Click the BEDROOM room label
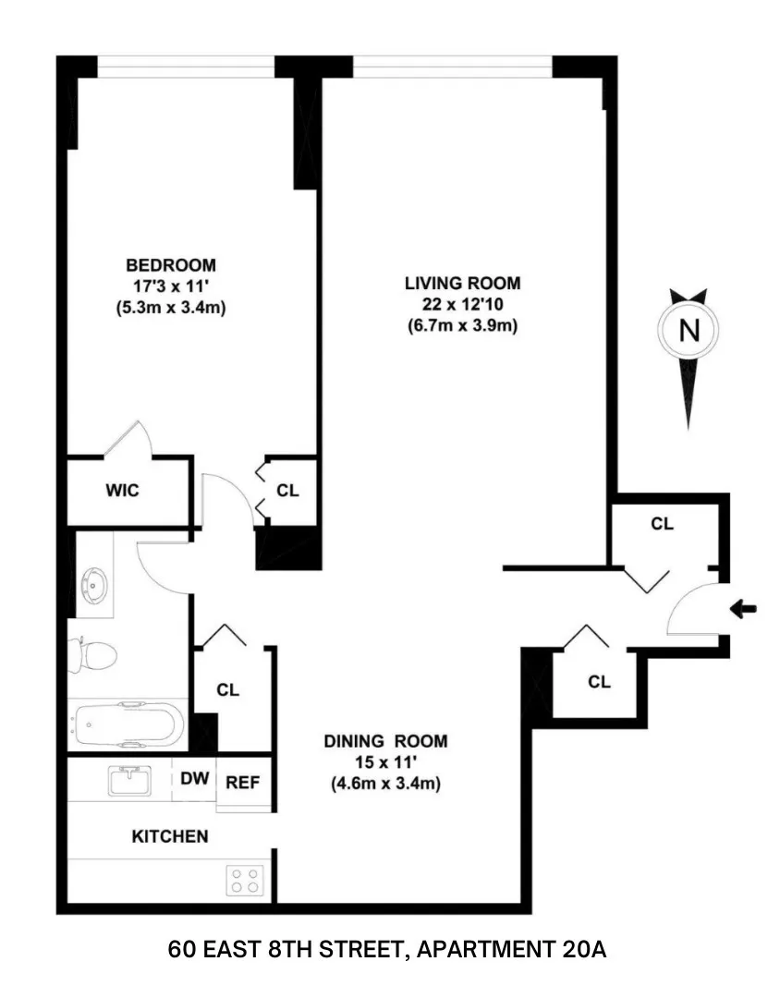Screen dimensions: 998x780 [170, 263]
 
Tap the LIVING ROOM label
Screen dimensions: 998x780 [462, 282]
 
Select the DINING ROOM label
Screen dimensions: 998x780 [385, 740]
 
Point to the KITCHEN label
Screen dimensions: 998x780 [170, 836]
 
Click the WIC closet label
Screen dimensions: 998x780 [122, 490]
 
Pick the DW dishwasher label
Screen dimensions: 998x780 [194, 779]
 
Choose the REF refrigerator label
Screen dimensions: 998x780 [243, 782]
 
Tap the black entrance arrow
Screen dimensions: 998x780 [742, 609]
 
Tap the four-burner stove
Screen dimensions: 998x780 [245, 879]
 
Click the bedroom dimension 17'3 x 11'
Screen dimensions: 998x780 [170, 286]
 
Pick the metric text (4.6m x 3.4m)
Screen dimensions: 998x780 [385, 785]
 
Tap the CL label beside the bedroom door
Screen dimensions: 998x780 [288, 491]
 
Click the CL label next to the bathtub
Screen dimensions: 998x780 [227, 689]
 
